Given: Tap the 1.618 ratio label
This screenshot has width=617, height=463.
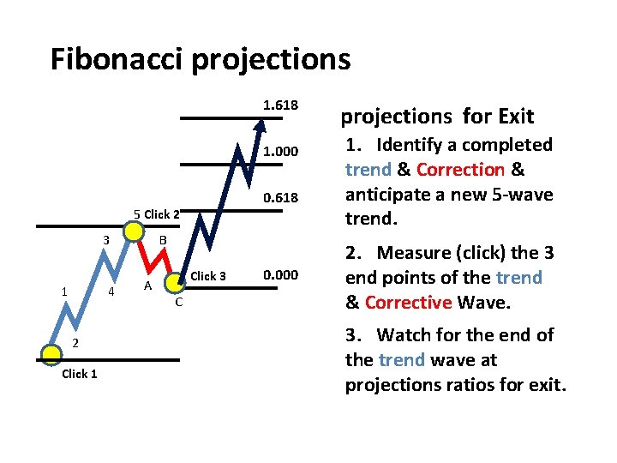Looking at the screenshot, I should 280,105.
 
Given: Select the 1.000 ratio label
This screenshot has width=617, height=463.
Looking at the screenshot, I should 280,152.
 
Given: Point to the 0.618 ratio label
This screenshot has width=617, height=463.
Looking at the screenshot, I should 280,197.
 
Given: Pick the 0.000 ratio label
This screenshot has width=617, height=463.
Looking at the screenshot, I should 280,275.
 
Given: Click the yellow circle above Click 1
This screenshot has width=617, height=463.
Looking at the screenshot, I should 51,352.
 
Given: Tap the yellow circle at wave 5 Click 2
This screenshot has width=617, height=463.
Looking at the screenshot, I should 134,231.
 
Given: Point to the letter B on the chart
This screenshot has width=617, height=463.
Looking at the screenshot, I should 162,241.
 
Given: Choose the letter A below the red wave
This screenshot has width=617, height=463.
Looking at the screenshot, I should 148,286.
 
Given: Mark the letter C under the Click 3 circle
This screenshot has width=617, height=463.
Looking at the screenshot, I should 177,302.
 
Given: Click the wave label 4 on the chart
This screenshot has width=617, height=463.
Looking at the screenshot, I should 111,292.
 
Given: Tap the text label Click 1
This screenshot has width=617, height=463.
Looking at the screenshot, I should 79,374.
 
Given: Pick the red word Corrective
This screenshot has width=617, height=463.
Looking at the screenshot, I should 408,302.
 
